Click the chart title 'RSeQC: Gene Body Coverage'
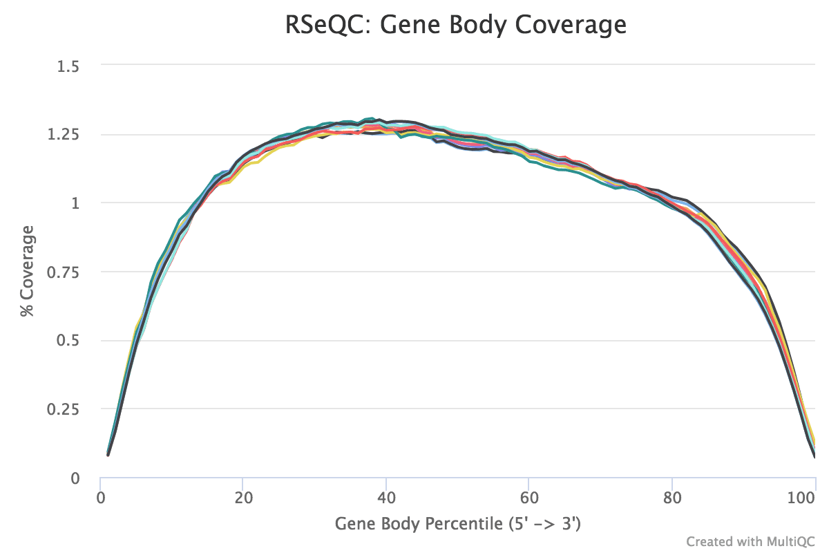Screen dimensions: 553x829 click(456, 25)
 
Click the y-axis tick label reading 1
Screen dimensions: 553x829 click(76, 203)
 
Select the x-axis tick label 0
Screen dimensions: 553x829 click(101, 496)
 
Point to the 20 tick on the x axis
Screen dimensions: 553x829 click(242, 496)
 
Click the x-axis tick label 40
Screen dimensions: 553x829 click(385, 496)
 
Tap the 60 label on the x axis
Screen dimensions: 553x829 click(528, 496)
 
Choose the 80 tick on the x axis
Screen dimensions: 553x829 click(671, 496)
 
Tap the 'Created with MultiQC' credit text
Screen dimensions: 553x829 click(752, 541)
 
